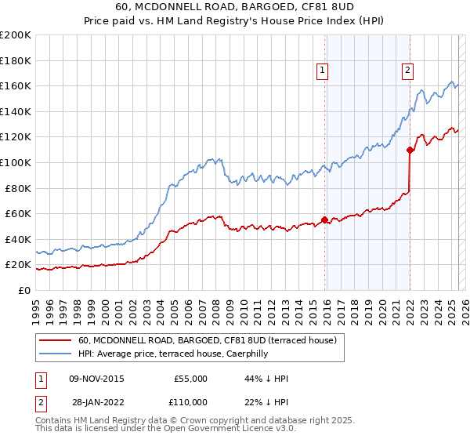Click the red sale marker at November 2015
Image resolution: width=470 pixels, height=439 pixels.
tap(324, 220)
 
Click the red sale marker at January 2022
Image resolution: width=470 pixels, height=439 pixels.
tap(410, 150)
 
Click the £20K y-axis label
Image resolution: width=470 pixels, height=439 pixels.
tap(19, 265)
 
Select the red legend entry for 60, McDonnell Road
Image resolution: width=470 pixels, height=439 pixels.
tap(207, 340)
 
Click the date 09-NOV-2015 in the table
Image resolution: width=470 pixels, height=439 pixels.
tap(96, 379)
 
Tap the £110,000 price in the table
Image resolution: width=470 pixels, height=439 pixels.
tap(190, 401)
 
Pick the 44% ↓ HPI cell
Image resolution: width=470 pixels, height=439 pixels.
tap(266, 379)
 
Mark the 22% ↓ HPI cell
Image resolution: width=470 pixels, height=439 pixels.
tap(266, 401)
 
